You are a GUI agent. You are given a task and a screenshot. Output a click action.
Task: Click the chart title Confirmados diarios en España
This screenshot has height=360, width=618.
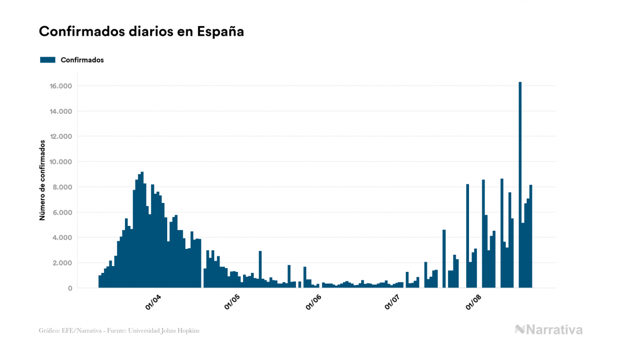[x=142, y=32]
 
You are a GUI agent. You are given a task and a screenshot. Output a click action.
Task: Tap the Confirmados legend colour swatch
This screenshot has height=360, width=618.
[x=48, y=60]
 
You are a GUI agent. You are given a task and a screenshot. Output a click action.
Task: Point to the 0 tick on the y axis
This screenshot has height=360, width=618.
[x=70, y=288]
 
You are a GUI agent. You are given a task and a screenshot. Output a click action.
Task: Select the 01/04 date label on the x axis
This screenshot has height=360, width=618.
[x=153, y=303]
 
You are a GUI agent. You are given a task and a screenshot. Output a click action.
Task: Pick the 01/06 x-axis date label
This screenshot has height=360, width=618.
[x=313, y=303]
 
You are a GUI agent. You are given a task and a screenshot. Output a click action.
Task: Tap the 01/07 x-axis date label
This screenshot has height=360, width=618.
[x=393, y=303]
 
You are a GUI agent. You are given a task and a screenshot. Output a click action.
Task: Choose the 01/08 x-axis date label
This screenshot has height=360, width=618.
[x=473, y=303]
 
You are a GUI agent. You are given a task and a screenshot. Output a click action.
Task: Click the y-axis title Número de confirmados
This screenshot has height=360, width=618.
[x=42, y=181]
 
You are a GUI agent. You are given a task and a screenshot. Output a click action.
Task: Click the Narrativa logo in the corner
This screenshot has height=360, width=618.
[x=549, y=330]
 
